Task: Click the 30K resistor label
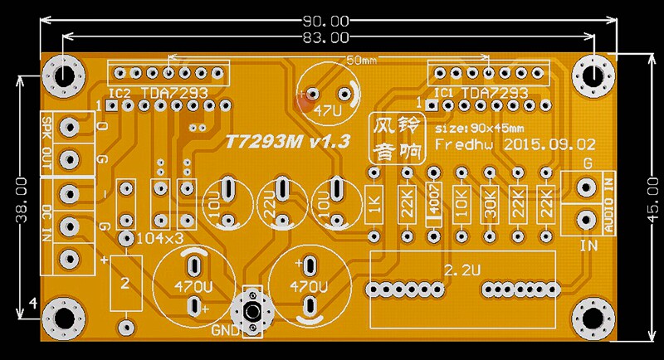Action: pos(491,206)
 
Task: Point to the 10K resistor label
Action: pos(461,206)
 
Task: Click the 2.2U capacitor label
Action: pos(462,270)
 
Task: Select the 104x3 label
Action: pos(160,238)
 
